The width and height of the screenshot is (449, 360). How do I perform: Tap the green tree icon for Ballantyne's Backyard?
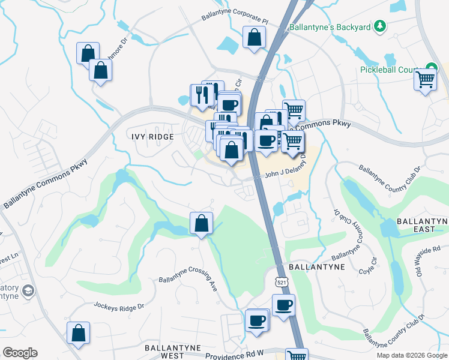tap(379, 26)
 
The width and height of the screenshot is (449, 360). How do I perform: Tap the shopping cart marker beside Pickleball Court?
tap(425, 79)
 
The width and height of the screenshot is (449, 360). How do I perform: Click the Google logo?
tap(19, 353)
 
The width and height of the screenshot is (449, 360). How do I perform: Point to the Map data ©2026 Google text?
tap(411, 355)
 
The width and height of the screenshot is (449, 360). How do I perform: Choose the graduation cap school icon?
tap(27, 292)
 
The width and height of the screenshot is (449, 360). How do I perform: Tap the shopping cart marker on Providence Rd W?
tap(297, 355)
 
